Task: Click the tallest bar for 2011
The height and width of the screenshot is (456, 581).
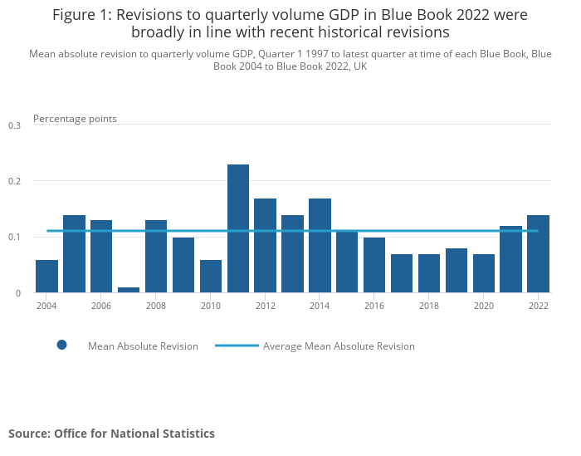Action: [238, 228]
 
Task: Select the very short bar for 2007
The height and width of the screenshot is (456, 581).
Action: [129, 290]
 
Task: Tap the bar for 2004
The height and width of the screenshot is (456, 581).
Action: [47, 276]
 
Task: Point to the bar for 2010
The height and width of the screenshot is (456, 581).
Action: [211, 276]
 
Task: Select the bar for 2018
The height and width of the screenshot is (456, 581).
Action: [429, 273]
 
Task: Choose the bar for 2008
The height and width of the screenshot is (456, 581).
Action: [156, 256]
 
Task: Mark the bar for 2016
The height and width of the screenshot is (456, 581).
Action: [374, 265]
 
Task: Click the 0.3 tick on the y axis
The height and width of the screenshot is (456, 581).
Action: [14, 125]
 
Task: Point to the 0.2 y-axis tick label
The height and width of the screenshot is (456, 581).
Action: [14, 181]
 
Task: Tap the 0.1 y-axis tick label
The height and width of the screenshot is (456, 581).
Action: [14, 238]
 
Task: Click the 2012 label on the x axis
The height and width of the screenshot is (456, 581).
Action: [266, 306]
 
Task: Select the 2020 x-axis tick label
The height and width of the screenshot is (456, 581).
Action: [484, 306]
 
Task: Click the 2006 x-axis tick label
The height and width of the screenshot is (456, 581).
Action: [101, 306]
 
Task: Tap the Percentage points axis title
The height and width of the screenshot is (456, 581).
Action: [75, 119]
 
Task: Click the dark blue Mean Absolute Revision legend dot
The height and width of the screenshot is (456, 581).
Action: [61, 346]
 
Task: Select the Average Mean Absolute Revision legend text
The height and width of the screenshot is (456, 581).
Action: [339, 346]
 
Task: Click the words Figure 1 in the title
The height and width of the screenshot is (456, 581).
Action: [80, 15]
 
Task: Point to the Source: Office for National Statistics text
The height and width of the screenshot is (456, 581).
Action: [111, 434]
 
